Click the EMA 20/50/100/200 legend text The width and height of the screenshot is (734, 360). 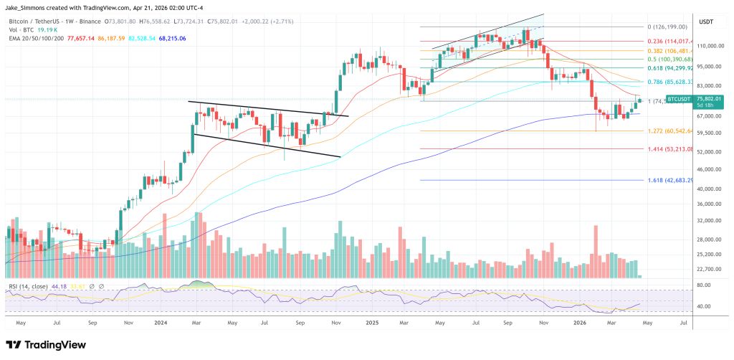[36, 38]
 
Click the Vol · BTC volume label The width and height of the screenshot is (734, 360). [20, 30]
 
